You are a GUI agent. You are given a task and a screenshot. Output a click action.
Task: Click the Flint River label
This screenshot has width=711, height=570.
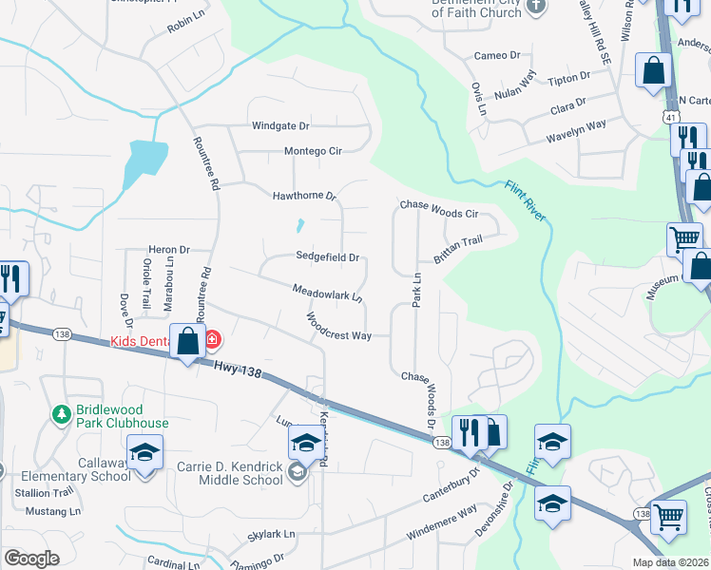pos(525,200)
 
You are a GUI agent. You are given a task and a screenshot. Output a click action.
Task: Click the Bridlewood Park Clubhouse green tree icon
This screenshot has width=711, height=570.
pos(62,413)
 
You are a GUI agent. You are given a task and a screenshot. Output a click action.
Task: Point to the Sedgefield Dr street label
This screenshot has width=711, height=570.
pos(327,256)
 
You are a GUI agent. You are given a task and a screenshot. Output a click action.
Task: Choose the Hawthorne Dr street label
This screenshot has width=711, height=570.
pos(304,196)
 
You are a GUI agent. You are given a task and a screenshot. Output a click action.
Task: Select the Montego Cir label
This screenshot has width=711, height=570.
pos(313,151)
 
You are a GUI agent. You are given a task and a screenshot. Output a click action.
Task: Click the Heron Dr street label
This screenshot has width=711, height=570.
pos(168,250)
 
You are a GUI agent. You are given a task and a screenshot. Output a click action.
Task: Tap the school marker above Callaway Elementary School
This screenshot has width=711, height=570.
pos(144,452)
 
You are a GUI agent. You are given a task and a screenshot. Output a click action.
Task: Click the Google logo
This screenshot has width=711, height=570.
pos(31,559)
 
